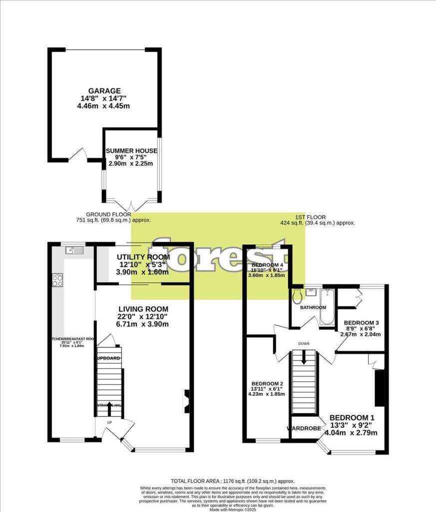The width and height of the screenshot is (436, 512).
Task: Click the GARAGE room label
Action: click(x=105, y=90)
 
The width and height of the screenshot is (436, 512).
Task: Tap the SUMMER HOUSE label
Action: click(x=131, y=150)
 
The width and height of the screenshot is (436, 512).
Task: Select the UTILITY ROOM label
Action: click(x=143, y=257)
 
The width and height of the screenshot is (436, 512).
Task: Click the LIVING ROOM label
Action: click(x=143, y=309)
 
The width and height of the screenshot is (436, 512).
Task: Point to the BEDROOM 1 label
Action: click(x=352, y=417)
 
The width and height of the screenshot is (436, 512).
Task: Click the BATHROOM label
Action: click(x=313, y=307)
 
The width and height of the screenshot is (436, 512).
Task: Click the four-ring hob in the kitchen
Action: click(x=57, y=280)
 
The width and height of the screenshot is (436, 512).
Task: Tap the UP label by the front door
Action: click(x=109, y=422)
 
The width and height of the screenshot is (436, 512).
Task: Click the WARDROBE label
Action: click(x=303, y=428)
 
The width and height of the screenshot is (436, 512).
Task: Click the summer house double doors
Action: click(x=130, y=205)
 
